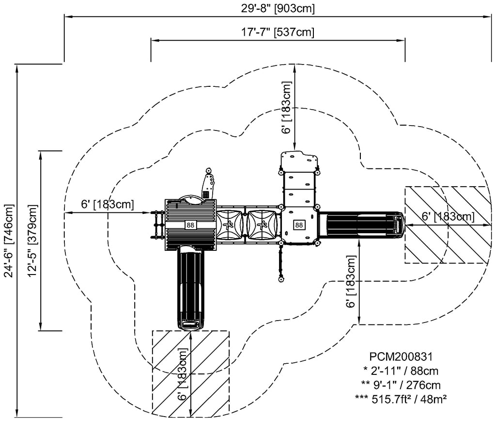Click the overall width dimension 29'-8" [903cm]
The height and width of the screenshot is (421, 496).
(278, 9)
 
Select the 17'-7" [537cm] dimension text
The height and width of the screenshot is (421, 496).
(278, 32)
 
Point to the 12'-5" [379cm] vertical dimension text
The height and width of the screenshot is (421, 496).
(32, 241)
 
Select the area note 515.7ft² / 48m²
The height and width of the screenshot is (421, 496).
(400, 400)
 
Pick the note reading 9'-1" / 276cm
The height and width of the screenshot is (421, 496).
(400, 385)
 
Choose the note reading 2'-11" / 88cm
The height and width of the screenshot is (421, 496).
(400, 371)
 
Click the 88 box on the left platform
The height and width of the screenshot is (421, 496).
(190, 225)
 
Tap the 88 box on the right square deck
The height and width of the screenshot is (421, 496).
(299, 225)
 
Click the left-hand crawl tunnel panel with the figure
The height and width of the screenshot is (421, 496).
(231, 225)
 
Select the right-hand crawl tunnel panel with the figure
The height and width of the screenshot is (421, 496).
(263, 225)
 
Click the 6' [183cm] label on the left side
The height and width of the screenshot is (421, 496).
(108, 205)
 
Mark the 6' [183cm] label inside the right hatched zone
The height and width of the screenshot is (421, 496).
(447, 217)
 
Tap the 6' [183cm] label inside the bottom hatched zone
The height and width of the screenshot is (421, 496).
(183, 373)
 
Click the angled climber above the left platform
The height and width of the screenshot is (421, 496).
(209, 184)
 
